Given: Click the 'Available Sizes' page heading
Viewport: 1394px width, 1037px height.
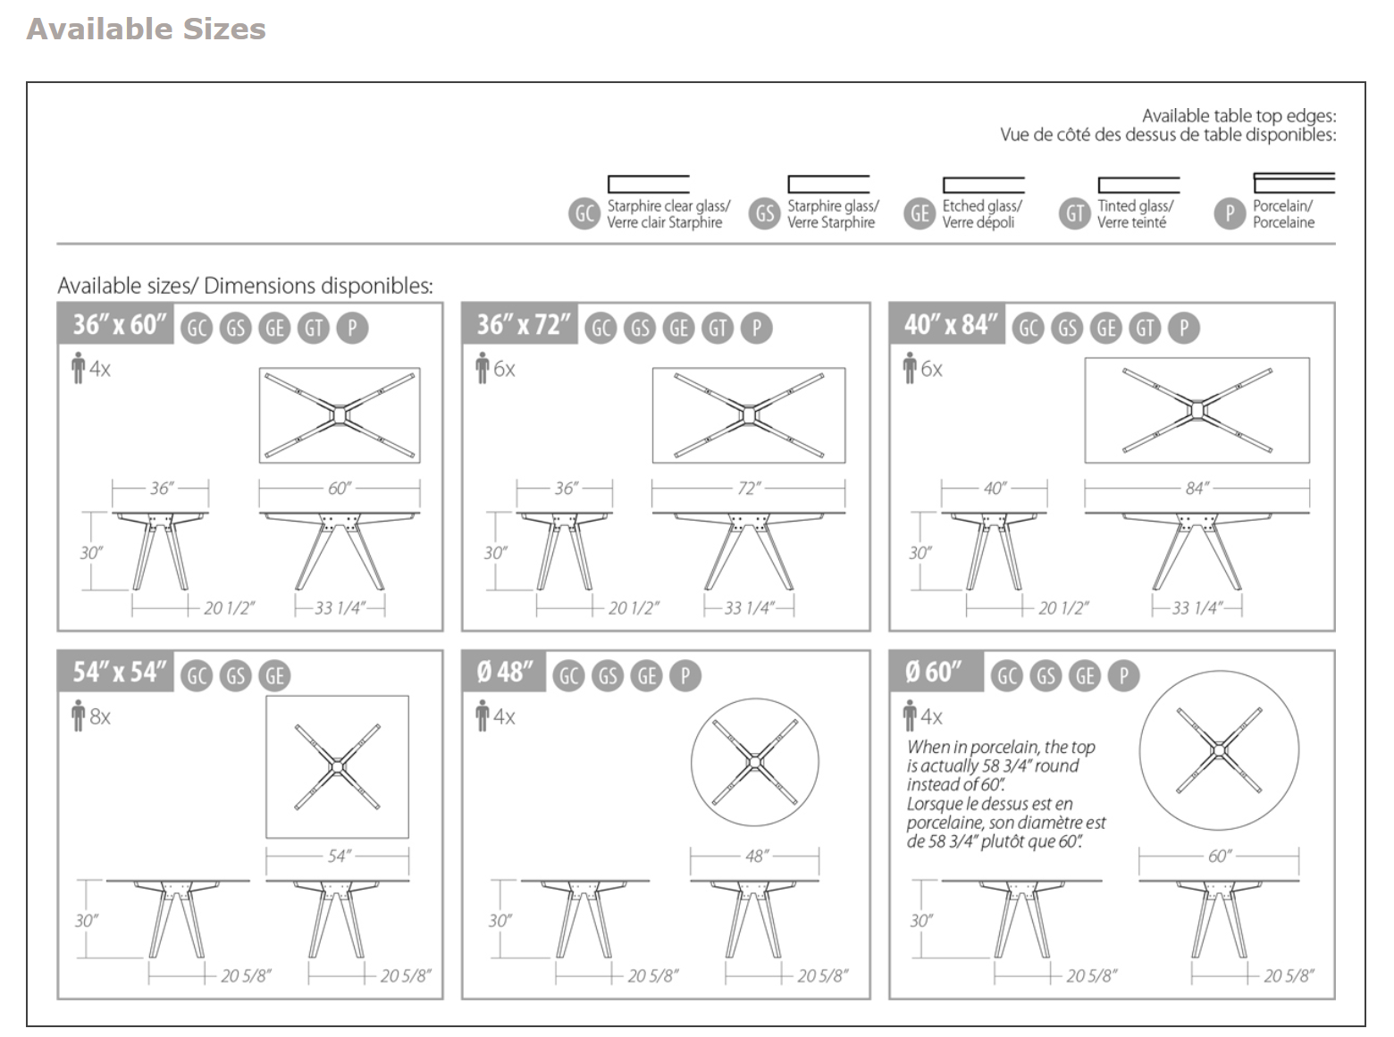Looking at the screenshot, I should [146, 29].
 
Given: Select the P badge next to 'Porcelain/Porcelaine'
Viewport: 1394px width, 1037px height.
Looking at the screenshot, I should [1230, 213].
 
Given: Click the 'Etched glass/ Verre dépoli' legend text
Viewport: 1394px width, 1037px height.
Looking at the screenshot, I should [981, 213].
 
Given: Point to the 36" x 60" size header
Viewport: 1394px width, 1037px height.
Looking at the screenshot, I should [119, 324].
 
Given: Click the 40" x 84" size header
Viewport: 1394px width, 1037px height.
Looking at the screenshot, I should [950, 324].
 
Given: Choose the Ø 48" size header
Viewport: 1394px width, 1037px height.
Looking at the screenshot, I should [504, 672].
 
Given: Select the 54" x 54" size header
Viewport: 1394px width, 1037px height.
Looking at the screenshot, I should [119, 672].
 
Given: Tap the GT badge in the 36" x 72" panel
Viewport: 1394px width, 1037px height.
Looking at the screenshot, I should [718, 328].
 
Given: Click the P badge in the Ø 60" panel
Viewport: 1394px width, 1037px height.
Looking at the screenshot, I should [1123, 676].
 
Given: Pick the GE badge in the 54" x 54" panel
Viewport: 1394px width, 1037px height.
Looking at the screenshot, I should [274, 676].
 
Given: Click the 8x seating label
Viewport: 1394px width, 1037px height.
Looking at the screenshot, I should [99, 716].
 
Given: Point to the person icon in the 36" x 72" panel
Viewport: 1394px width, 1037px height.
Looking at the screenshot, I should [483, 368].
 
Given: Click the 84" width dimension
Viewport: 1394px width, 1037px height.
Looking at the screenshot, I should [1197, 489].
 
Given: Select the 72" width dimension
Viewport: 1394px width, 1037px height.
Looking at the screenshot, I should [748, 489].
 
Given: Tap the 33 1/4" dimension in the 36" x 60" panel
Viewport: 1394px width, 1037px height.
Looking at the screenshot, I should [340, 608].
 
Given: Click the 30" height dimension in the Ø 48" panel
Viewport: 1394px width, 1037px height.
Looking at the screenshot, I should [500, 920].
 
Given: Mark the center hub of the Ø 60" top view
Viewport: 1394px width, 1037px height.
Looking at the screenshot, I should [1219, 750].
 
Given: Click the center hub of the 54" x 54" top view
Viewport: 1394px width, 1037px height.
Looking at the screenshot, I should [337, 766].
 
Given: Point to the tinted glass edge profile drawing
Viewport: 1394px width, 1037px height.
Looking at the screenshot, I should [1138, 185].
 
